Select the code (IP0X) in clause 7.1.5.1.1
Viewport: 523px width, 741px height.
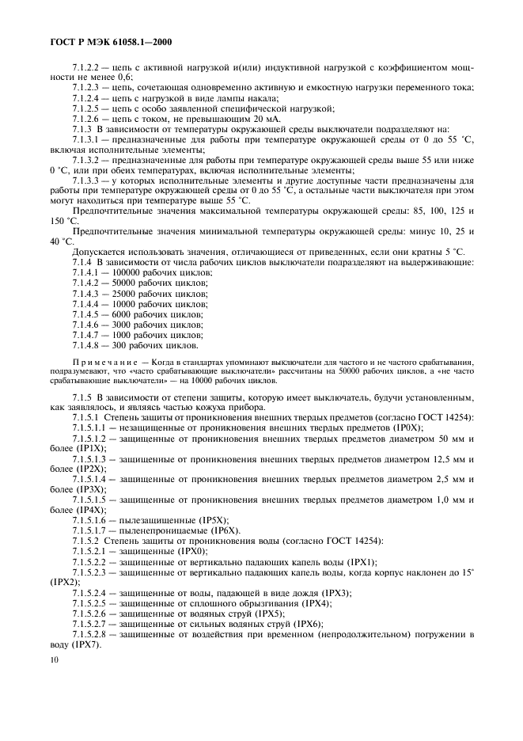click(406, 427)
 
